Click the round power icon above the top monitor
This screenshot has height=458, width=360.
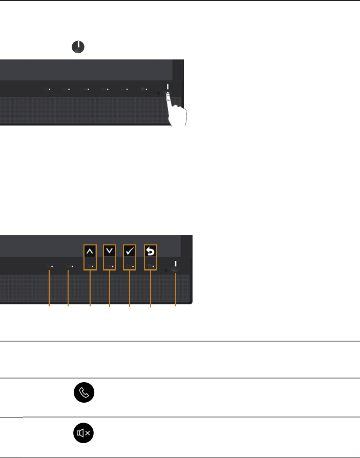click(x=77, y=47)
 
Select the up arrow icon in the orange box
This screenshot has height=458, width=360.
click(x=90, y=251)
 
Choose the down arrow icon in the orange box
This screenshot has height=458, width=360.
click(x=110, y=251)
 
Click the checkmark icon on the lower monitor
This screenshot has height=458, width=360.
click(x=130, y=251)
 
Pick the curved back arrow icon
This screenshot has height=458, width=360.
click(x=151, y=251)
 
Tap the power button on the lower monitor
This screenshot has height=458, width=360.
click(x=175, y=265)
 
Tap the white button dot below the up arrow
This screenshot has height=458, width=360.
click(x=92, y=267)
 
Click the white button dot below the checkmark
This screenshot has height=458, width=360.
click(x=132, y=267)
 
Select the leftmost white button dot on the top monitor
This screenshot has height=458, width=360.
click(x=50, y=89)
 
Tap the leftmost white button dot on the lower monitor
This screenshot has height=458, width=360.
click(x=52, y=267)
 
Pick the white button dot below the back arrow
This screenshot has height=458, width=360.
click(x=153, y=267)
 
